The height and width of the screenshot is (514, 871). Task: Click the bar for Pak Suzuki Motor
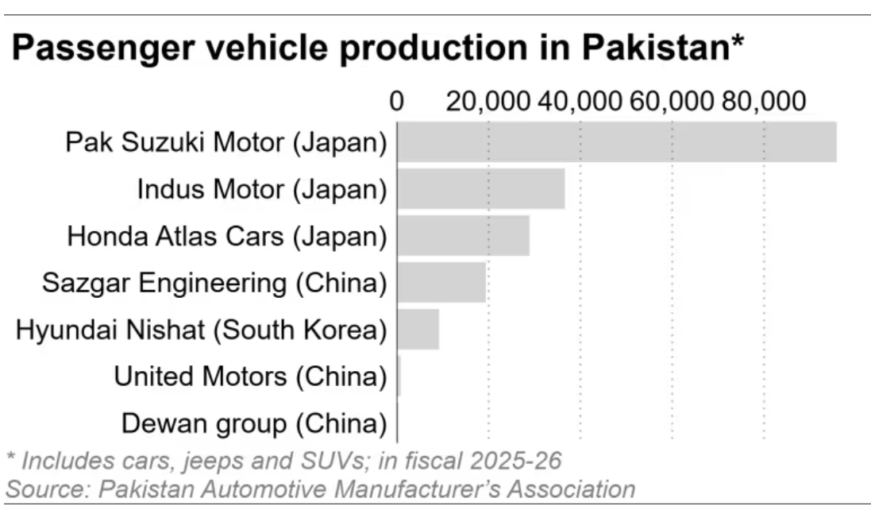[x=617, y=141]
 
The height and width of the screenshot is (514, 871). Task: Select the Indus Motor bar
[x=481, y=189]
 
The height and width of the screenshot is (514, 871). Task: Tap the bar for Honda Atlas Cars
[x=463, y=236]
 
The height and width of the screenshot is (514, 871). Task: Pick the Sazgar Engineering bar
[x=441, y=282]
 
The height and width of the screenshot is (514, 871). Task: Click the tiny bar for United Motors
[x=399, y=377]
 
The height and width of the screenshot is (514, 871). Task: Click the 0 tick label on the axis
[x=397, y=101]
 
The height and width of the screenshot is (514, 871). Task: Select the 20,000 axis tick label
[x=488, y=101]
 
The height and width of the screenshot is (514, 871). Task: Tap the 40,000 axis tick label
[x=580, y=101]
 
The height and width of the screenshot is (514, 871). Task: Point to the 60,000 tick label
[x=672, y=101]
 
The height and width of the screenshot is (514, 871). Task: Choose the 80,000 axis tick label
[x=764, y=101]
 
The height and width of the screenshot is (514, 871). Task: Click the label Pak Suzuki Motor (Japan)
[x=226, y=143]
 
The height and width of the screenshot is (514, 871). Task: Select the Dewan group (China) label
[x=254, y=424]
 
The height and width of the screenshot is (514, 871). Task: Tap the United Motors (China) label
[x=251, y=377]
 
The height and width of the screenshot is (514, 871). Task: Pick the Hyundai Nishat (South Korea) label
[x=202, y=330]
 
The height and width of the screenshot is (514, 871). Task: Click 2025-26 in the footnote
[x=515, y=462]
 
